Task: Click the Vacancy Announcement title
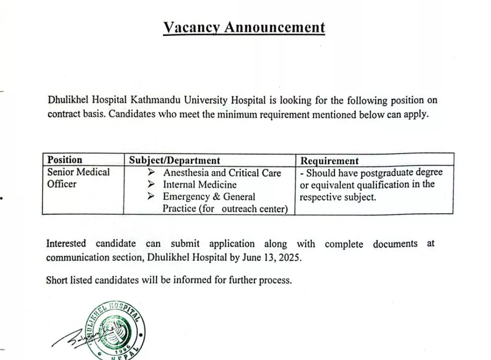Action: [244, 28]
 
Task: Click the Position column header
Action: [65, 160]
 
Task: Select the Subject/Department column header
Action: [175, 161]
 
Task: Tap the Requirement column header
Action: [329, 161]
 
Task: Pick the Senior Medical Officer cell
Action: [79, 178]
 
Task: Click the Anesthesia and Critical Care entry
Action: [222, 173]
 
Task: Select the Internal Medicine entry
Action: [200, 185]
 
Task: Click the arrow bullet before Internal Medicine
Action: [151, 185]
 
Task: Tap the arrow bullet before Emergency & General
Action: [151, 197]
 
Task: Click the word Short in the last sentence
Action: [57, 280]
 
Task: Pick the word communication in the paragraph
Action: [75, 258]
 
